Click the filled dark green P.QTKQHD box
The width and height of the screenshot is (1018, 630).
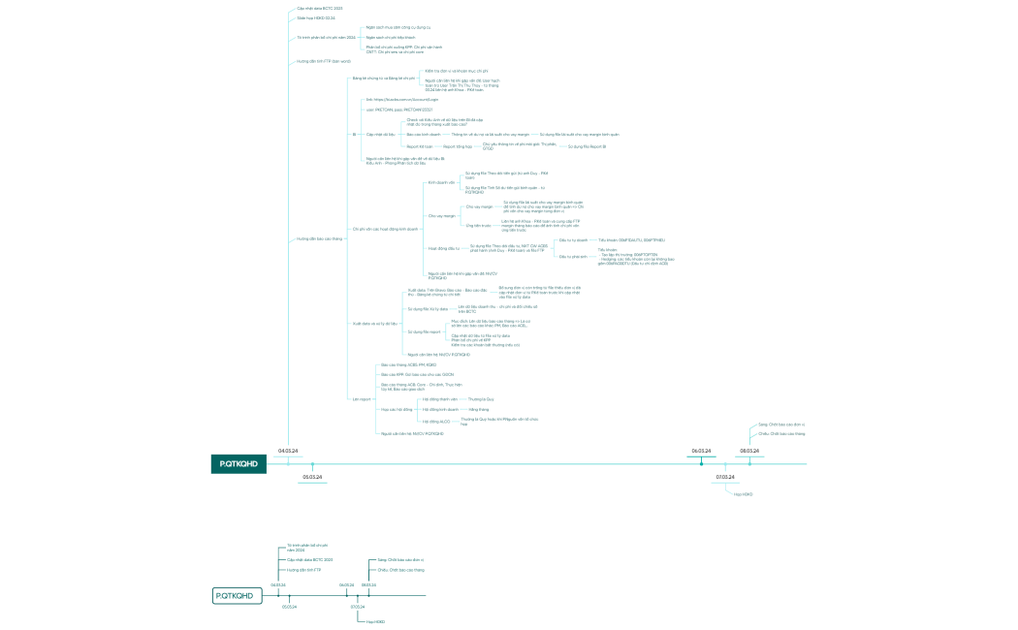point(239,464)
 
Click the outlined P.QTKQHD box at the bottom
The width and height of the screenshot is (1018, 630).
point(239,595)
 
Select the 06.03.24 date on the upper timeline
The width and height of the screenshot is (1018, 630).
point(701,452)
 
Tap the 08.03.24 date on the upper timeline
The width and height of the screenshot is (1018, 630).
point(749,452)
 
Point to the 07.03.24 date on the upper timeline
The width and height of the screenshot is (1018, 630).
point(725,477)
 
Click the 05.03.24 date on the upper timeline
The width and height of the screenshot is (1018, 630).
point(312,477)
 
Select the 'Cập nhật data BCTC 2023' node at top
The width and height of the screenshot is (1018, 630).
point(319,8)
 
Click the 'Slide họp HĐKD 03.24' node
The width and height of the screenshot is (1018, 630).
point(315,17)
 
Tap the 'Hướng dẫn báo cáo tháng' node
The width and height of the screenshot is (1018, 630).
point(319,237)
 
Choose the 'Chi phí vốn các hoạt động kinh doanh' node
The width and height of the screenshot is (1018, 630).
point(385,229)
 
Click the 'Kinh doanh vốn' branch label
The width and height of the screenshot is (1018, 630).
point(441,182)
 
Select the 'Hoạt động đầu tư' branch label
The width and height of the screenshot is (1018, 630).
point(444,248)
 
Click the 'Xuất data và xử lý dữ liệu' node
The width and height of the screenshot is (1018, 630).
point(375,323)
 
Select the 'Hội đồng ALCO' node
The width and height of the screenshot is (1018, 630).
point(437,421)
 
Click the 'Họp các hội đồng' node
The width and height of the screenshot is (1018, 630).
point(397,409)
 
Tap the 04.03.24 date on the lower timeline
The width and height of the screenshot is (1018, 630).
point(278,584)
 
